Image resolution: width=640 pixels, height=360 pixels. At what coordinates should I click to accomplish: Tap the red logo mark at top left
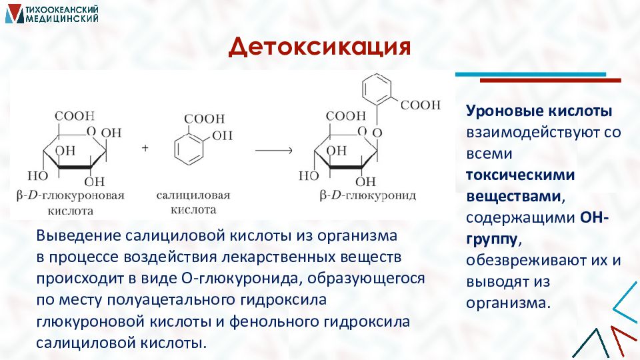pyautogui.click(x=13, y=13)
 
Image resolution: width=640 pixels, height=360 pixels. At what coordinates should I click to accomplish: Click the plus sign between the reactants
pyautogui.click(x=145, y=149)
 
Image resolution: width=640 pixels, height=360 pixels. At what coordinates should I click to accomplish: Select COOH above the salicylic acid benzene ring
pyautogui.click(x=205, y=118)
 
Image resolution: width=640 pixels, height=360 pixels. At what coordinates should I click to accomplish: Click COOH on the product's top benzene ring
pyautogui.click(x=421, y=105)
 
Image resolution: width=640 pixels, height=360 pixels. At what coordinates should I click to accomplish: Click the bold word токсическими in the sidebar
pyautogui.click(x=520, y=175)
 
